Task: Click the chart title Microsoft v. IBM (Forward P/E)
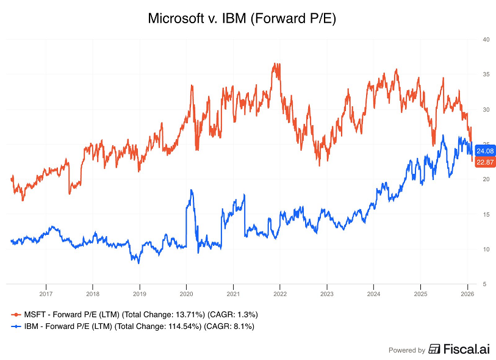tap(242, 19)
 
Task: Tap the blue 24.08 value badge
tap(485, 151)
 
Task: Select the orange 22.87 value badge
tap(485, 161)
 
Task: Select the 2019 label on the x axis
tap(139, 293)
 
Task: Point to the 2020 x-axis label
tap(186, 293)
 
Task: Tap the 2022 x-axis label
tap(279, 293)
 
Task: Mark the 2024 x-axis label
tap(373, 293)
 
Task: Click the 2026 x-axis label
tap(467, 293)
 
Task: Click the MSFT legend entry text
tap(140, 314)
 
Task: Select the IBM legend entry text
tap(137, 326)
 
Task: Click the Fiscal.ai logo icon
tap(434, 350)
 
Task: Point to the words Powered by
tap(407, 350)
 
